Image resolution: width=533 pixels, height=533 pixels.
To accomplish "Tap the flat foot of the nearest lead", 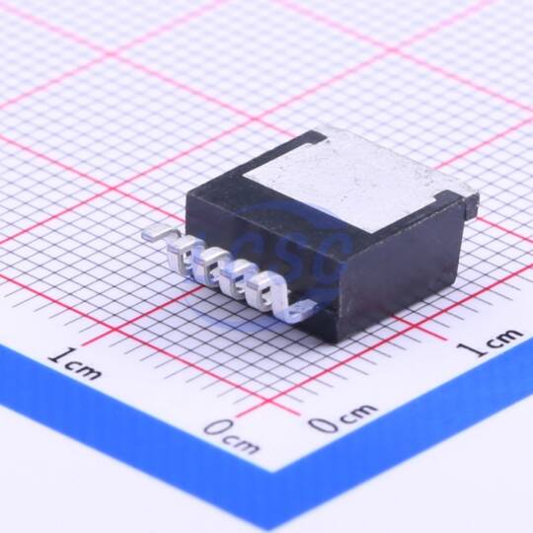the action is coord(300,311).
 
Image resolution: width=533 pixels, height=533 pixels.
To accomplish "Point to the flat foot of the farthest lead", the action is coord(154,233).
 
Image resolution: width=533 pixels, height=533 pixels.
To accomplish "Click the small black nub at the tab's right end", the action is coord(471,205).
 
